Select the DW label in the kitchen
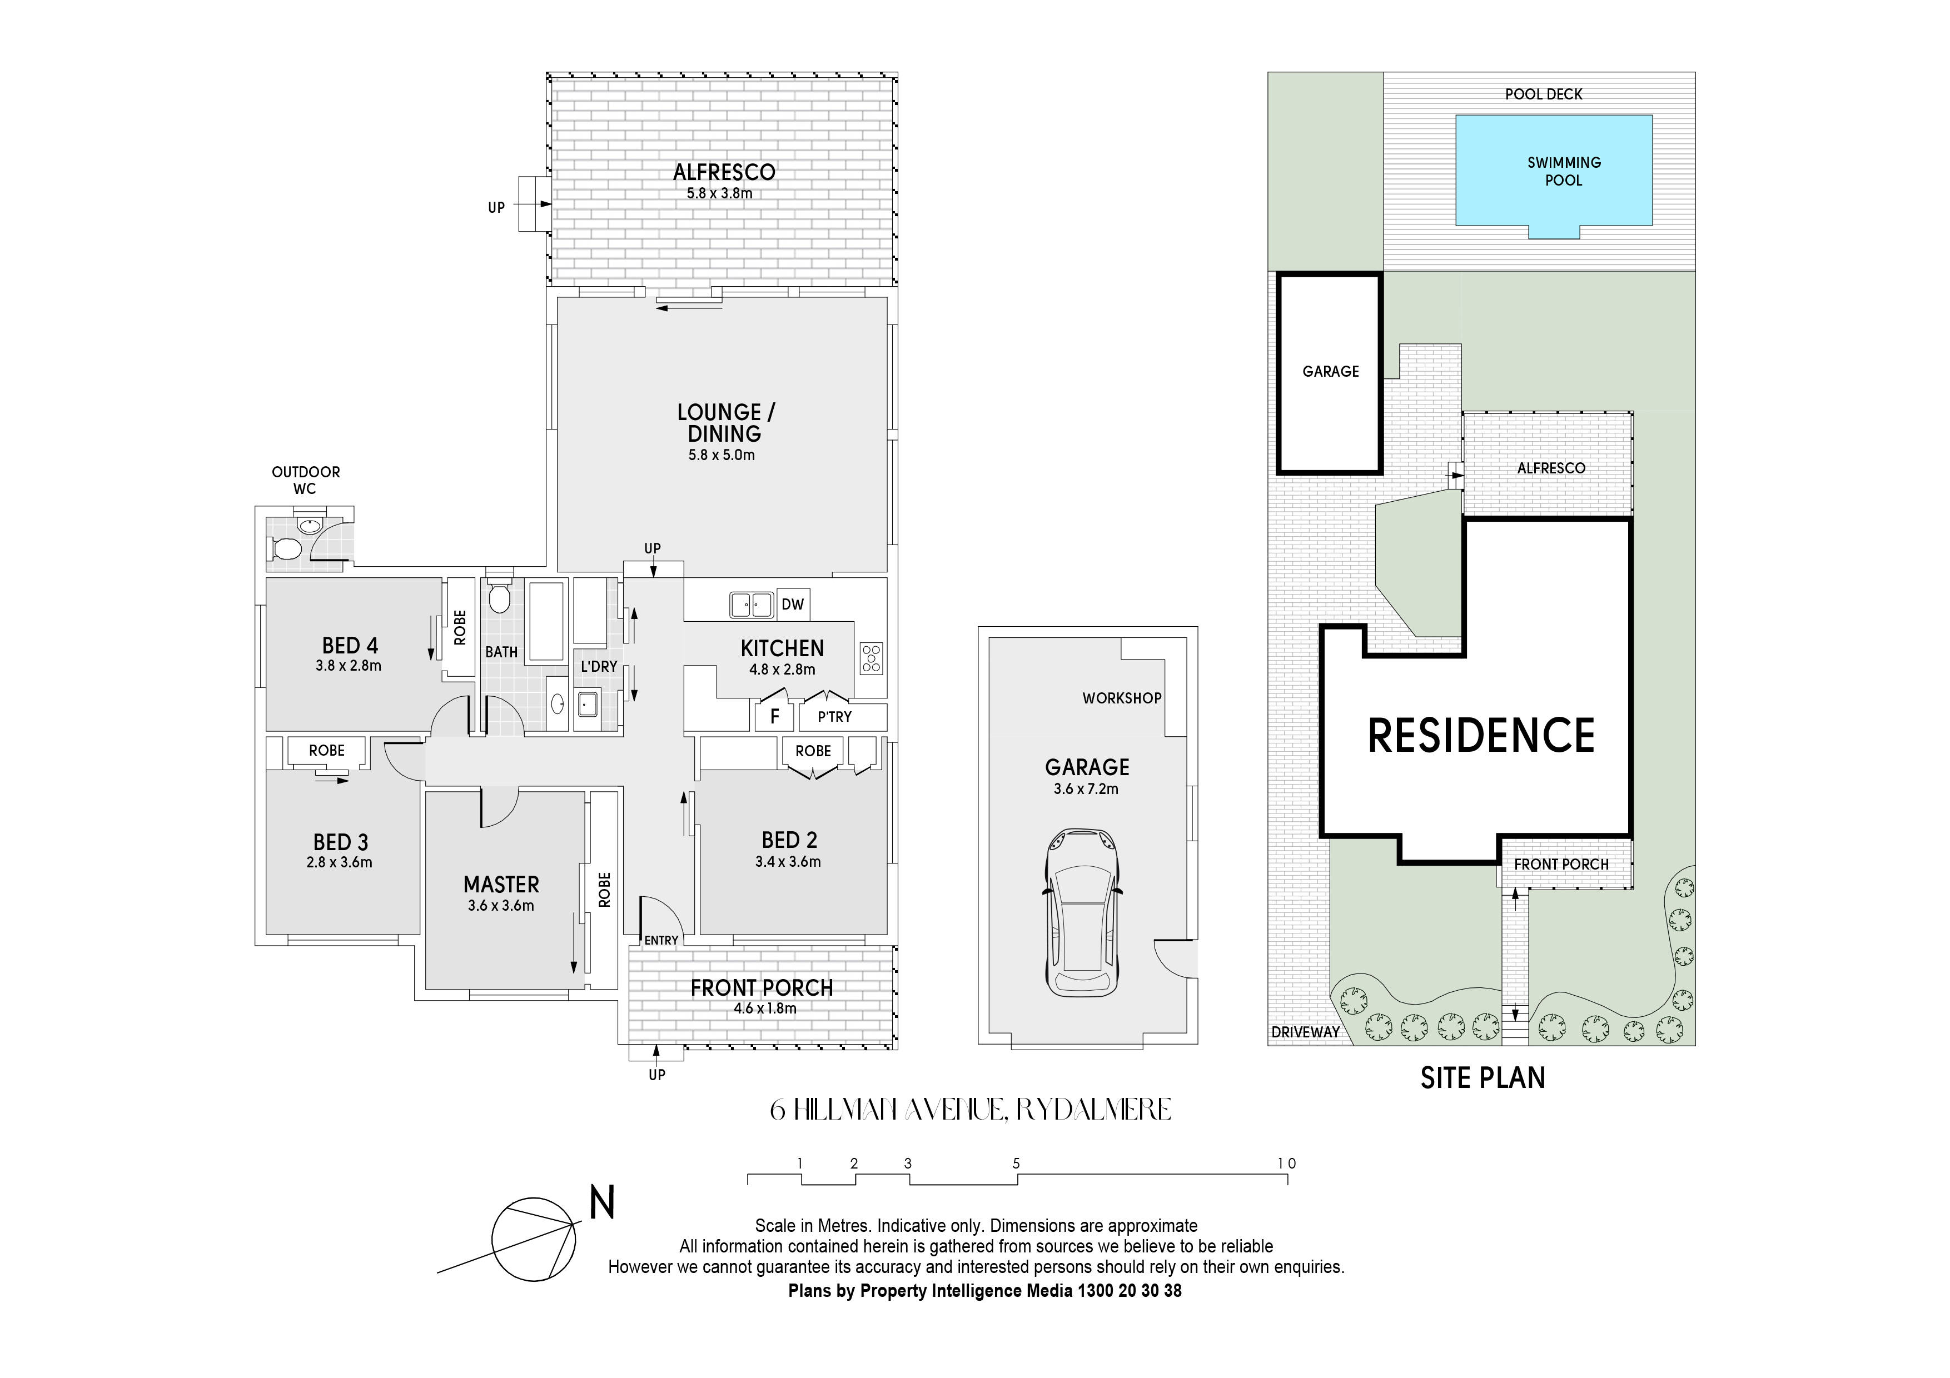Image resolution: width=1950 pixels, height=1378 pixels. click(x=793, y=605)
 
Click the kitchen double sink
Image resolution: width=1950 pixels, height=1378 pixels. click(x=751, y=605)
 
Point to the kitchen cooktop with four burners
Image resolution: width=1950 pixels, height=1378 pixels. click(x=872, y=658)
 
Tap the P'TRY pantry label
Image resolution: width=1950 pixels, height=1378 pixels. click(x=834, y=717)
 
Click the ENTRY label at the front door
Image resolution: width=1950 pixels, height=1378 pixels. click(x=661, y=940)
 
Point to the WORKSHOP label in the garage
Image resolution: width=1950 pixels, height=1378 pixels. click(x=1121, y=698)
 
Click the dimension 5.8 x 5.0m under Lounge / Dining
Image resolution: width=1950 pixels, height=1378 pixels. click(x=721, y=455)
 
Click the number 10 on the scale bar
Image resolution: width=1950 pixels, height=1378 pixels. click(x=1287, y=1163)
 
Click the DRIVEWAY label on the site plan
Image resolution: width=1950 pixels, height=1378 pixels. click(x=1305, y=1032)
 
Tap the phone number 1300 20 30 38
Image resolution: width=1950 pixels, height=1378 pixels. click(x=1129, y=1291)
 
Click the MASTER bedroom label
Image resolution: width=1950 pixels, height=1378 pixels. click(x=501, y=884)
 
